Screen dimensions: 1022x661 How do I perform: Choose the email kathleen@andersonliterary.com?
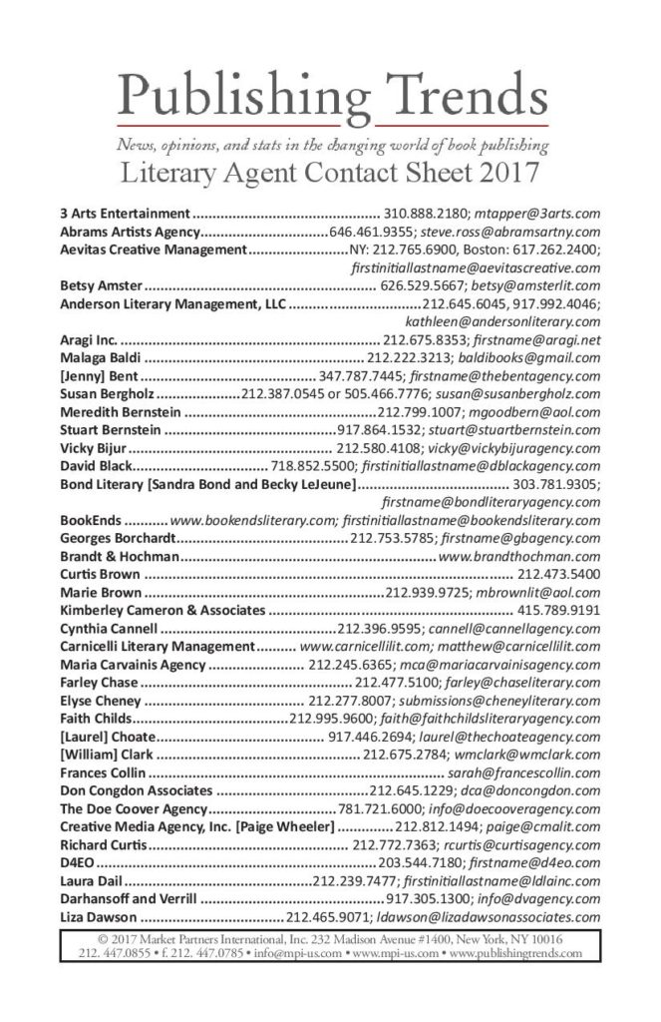502,321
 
